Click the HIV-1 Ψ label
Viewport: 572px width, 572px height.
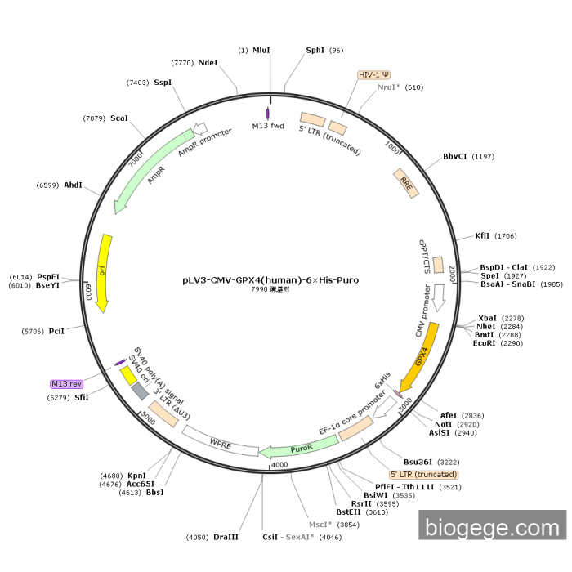click(x=374, y=74)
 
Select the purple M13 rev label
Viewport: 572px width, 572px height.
click(x=67, y=383)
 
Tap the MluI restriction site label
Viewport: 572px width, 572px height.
click(x=261, y=51)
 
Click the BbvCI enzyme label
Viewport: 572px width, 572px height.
click(x=455, y=156)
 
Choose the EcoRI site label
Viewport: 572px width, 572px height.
click(x=485, y=343)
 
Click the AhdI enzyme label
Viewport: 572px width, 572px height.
click(x=73, y=185)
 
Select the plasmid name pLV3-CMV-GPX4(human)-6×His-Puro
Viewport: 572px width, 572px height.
click(x=270, y=279)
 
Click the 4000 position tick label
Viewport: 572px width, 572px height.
click(x=279, y=465)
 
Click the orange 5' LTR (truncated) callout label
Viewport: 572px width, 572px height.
click(x=423, y=475)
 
